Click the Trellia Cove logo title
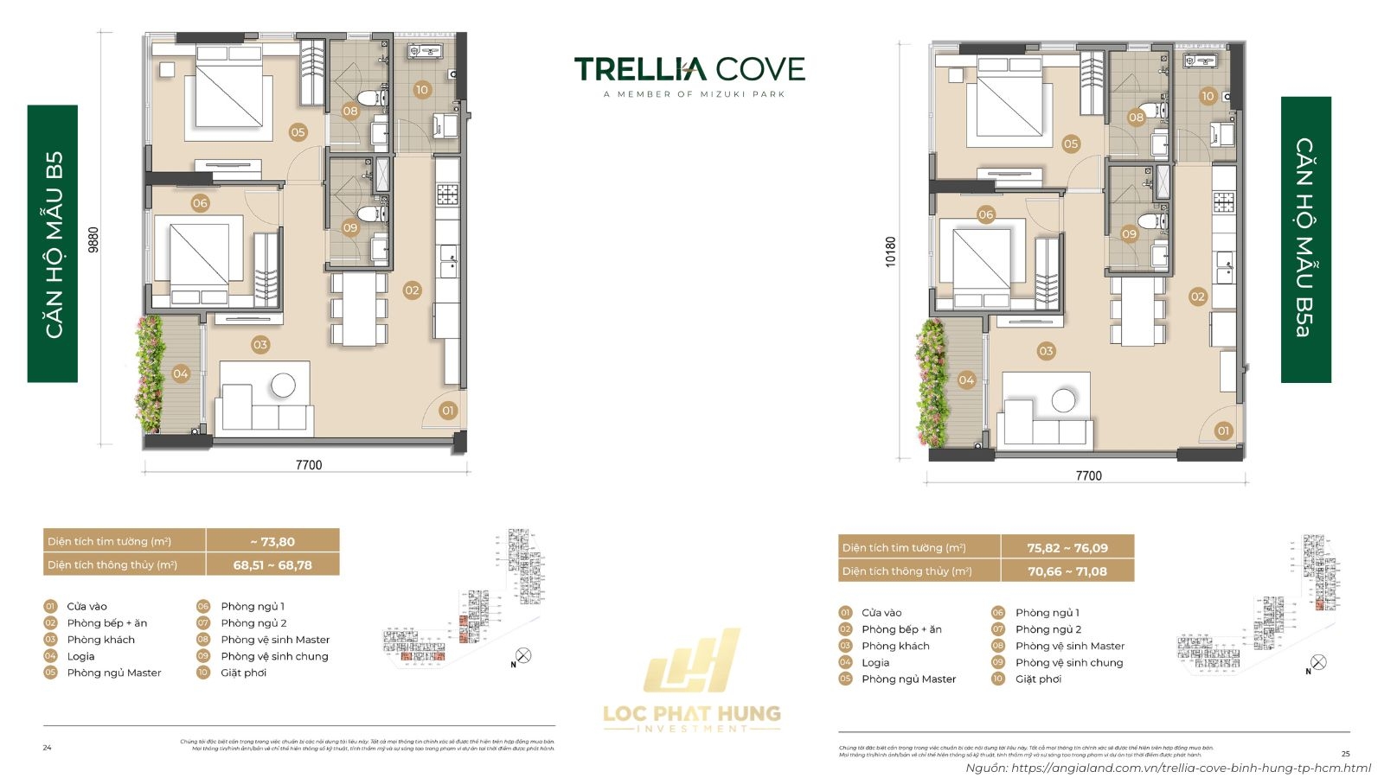[689, 69]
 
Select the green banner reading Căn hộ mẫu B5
[53, 244]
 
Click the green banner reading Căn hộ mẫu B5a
[1305, 239]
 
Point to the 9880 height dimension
[93, 239]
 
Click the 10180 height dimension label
[890, 252]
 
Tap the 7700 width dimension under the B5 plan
[309, 465]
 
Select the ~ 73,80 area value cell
[272, 542]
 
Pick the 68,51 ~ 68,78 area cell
[272, 565]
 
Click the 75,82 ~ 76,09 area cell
[1067, 548]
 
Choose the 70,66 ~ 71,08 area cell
[1067, 571]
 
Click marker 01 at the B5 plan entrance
[447, 411]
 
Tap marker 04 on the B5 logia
[180, 373]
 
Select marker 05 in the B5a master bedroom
[1071, 144]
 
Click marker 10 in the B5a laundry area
[1208, 96]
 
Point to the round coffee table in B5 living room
[283, 385]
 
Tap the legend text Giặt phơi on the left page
[243, 673]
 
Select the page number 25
[1345, 754]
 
